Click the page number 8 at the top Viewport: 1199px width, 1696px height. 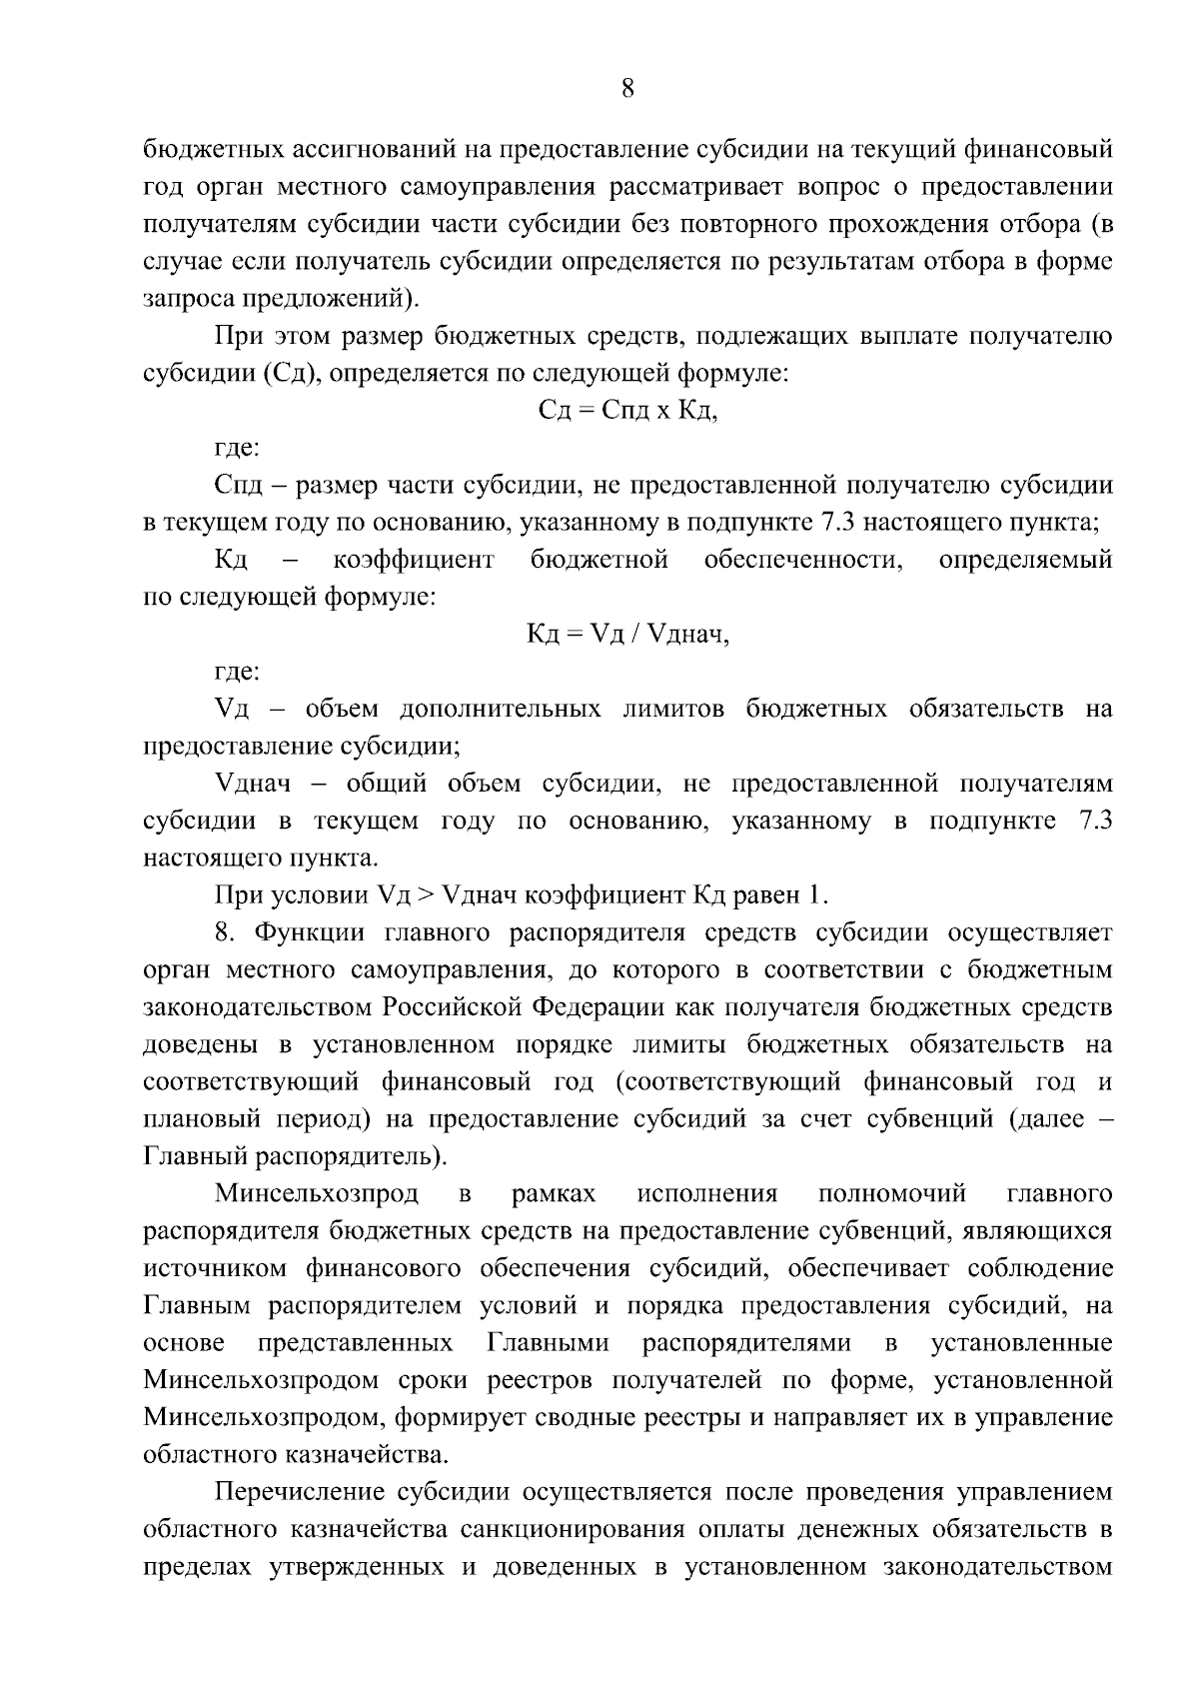(626, 89)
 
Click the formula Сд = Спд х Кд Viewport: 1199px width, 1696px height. (627, 411)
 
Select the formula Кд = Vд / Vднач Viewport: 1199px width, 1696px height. (627, 635)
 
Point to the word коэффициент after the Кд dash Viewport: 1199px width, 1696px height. (414, 560)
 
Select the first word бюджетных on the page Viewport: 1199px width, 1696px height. (211, 150)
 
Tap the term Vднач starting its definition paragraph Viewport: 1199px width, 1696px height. (254, 784)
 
